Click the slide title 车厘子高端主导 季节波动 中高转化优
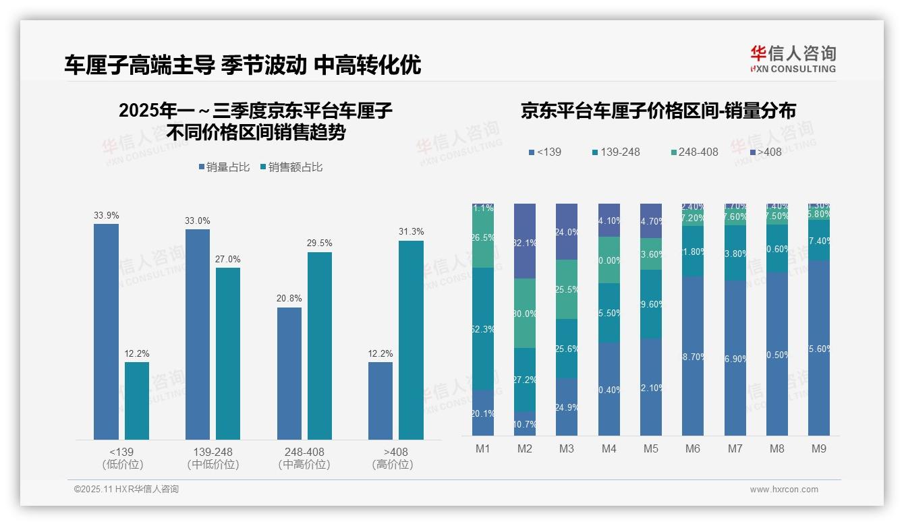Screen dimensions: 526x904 point(242,65)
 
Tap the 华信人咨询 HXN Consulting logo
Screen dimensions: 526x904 point(793,59)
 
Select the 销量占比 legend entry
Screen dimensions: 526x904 point(224,167)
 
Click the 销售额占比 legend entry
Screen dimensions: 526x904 point(291,167)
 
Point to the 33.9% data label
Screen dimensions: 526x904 point(107,216)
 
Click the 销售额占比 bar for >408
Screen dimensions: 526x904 point(411,340)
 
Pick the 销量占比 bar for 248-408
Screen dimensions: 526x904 point(289,374)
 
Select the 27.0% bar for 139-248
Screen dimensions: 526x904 point(228,353)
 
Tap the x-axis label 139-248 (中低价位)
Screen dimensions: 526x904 point(213,458)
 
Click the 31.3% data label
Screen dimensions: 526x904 point(411,232)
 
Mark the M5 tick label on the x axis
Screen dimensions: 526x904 point(651,448)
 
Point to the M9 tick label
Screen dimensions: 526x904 point(818,448)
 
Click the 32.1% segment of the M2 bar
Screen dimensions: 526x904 point(525,241)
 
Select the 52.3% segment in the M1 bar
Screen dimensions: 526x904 point(483,329)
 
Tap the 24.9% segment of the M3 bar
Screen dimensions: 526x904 point(567,407)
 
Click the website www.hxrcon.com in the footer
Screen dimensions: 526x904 point(784,490)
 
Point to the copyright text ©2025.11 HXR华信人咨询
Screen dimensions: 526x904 point(126,490)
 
